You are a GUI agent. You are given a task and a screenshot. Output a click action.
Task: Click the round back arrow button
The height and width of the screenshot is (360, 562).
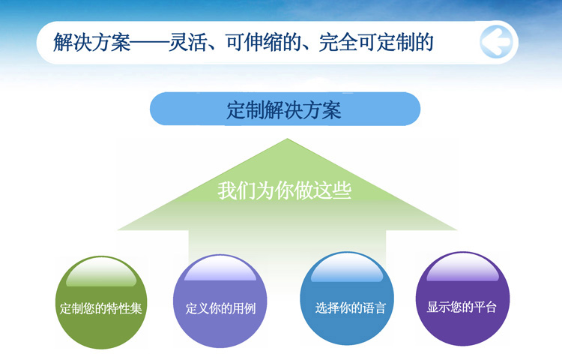coord(496,42)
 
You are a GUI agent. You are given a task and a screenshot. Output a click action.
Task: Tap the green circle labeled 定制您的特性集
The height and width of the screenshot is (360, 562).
coord(101,302)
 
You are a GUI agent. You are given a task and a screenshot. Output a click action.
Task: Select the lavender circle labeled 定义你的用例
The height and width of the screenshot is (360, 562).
coord(220,301)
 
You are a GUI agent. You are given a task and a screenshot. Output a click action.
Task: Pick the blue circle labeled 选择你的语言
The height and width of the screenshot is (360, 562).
coord(347,298)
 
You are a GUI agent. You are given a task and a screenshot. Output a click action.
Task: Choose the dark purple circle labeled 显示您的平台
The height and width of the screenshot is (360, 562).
coord(462,298)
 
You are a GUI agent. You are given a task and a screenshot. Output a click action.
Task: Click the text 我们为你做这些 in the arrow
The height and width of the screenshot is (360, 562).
coord(284,190)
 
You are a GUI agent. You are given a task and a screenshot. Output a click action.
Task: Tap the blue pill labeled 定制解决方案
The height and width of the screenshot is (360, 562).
coord(285,109)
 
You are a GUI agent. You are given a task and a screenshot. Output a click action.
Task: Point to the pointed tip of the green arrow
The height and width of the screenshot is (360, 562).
coord(287,139)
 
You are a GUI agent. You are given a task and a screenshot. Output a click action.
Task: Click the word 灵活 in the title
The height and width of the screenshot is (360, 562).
coord(187,42)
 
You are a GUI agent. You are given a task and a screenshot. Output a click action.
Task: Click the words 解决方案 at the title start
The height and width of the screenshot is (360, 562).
coord(91,42)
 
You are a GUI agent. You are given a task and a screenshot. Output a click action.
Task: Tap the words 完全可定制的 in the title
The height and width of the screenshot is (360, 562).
coord(376,42)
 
